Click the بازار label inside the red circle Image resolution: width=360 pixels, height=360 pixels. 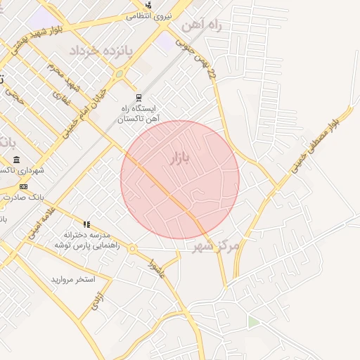coord(181,158)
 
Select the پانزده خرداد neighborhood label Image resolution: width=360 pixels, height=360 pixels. coord(98,51)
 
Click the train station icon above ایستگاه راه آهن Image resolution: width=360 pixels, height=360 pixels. coord(139,98)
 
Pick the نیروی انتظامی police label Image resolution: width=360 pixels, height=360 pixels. coord(149,15)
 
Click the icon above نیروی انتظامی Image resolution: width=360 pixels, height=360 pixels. coord(149,4)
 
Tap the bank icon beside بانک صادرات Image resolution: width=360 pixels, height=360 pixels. coord(23,186)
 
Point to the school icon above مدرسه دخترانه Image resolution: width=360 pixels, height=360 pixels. coord(87,224)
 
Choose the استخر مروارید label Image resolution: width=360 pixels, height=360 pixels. coord(72,279)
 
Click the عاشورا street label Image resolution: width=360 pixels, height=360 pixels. coord(154,268)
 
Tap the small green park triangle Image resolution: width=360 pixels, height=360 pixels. coord(252,322)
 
